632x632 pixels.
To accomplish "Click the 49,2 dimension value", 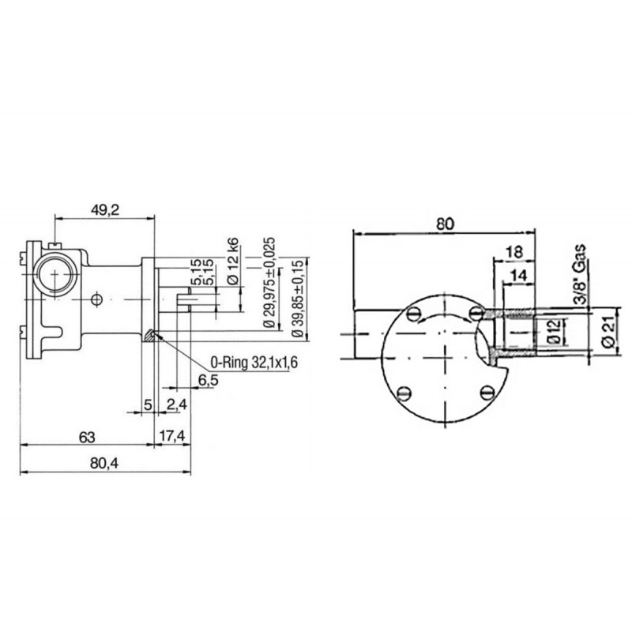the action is point(106,209).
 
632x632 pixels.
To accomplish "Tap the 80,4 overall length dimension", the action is point(105,464).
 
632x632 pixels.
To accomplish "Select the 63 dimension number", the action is point(87,438).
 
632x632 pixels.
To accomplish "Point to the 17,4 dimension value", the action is point(172,436).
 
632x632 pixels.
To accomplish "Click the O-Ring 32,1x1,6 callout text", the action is point(254,363).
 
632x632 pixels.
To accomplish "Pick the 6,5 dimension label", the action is point(208,380).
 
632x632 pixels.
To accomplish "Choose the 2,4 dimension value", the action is point(176,404).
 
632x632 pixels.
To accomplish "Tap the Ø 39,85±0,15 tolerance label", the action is point(297,299).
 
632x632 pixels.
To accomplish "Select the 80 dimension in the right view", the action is point(445,224).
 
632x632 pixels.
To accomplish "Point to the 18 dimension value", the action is point(515,252).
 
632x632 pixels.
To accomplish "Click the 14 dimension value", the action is point(518,276).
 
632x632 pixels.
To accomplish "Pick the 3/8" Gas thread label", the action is point(580,275).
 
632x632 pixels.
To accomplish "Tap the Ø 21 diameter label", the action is point(608,331).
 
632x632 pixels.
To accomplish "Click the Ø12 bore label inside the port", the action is point(554,331).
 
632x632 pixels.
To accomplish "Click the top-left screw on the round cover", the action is point(413,314).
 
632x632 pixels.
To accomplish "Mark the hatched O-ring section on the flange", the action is point(150,335).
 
